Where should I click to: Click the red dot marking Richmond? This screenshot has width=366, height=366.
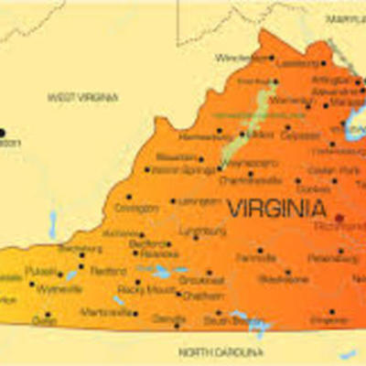[x=339, y=219]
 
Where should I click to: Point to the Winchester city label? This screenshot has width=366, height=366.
[x=242, y=57]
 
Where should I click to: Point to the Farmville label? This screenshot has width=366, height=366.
[x=257, y=259]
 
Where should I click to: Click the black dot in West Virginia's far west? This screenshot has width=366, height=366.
[x=3, y=133]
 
